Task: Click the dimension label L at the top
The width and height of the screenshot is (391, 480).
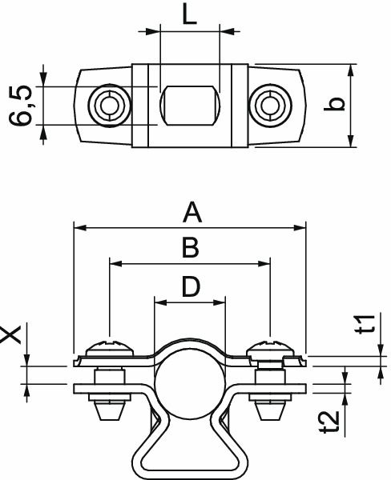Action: coord(189,15)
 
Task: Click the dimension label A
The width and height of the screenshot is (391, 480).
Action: coord(191,213)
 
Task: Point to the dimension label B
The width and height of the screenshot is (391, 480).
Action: coord(189,248)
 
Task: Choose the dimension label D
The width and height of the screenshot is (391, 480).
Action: coord(190,286)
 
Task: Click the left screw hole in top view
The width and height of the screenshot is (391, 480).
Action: coord(106,105)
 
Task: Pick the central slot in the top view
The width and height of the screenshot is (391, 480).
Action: coord(189,105)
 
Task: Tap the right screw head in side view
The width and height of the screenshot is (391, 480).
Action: coord(270,349)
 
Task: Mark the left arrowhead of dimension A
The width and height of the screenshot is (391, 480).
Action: coord(77,228)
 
